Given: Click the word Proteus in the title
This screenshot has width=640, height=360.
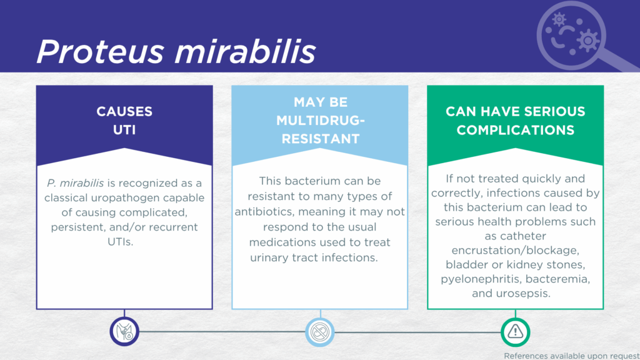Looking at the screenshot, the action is click(101, 52).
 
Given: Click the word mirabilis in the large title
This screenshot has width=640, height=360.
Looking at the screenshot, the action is click(245, 51).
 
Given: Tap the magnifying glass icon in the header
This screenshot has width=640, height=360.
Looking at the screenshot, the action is click(586, 36).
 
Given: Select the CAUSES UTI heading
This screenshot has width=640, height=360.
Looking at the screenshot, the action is click(124, 121).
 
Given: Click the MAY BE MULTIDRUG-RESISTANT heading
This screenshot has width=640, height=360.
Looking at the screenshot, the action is click(321, 121).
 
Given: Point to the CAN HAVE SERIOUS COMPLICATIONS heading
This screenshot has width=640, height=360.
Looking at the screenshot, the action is click(516, 121).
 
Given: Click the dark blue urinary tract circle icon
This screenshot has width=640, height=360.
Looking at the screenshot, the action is click(124, 331).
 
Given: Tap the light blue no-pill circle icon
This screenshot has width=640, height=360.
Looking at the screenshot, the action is click(320, 332).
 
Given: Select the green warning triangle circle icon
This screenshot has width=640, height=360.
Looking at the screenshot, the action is click(516, 332).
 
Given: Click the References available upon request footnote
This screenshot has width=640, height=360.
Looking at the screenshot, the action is click(572, 356).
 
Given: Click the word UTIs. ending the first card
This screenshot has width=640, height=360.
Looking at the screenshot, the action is click(121, 242).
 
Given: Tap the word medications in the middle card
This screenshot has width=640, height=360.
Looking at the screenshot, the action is click(282, 242).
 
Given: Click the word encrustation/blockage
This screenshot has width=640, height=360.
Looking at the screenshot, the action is click(515, 250).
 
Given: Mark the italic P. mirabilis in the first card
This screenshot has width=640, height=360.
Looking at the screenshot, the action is click(75, 183).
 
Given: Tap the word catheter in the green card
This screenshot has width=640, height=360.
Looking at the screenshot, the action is click(523, 236).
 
